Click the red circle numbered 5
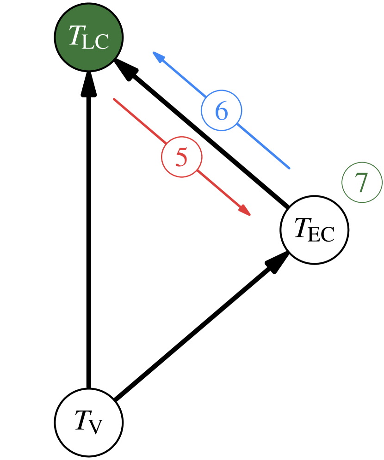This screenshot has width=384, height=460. coord(181,157)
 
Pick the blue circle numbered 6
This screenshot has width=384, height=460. coord(221,111)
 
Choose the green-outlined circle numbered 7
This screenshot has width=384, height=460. coord(362,182)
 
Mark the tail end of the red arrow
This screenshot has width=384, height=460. coord(114,99)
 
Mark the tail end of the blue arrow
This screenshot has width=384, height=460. coord(289,168)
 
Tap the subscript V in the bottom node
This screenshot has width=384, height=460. coord(95,427)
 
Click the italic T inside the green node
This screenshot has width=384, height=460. coord(75,35)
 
